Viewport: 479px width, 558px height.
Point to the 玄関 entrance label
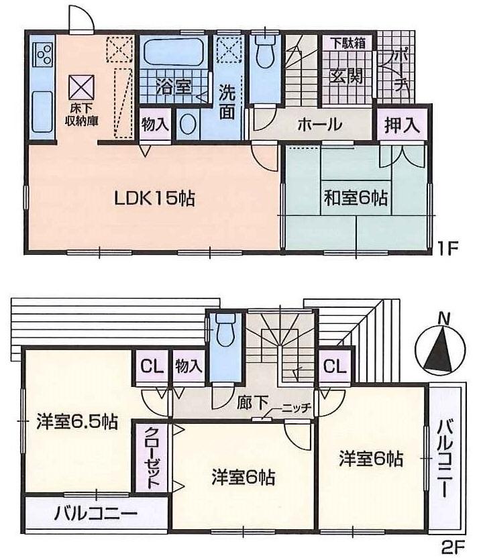(x=346, y=76)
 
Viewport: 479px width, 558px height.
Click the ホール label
(x=319, y=125)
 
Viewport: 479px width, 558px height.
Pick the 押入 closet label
(x=402, y=125)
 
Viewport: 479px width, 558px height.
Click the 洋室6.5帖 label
(x=77, y=423)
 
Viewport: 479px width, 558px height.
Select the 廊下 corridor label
(x=253, y=404)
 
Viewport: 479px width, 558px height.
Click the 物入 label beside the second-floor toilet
(x=189, y=366)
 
